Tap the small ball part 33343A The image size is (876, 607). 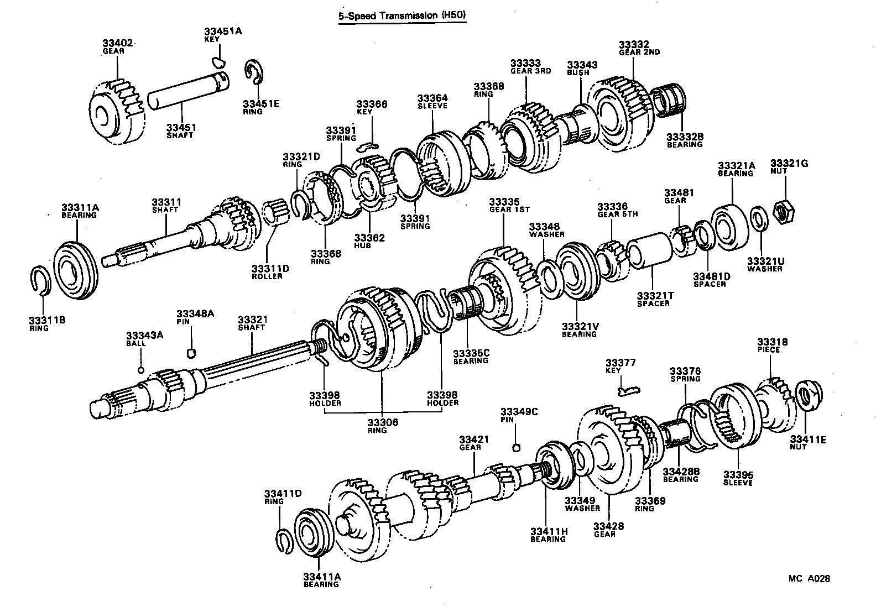pos(140,370)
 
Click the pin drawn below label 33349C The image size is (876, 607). pos(515,447)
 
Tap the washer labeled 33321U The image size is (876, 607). pos(759,218)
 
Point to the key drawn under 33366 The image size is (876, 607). pos(367,146)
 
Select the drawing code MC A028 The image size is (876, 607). pos(809,579)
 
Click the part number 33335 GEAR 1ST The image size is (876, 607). pos(509,205)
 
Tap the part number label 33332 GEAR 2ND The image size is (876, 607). pos(639,48)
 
